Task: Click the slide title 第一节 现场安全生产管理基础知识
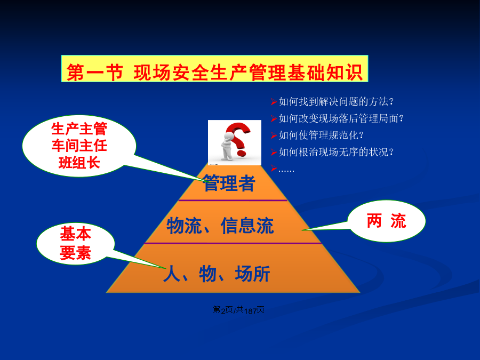(x=214, y=73)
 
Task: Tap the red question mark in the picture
(x=239, y=139)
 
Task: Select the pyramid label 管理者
(x=229, y=183)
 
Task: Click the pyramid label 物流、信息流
(x=220, y=226)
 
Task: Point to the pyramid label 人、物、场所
(x=217, y=274)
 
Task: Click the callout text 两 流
(x=386, y=221)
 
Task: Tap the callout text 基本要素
(x=76, y=243)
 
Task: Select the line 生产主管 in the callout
(x=79, y=129)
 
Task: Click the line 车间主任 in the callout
(x=79, y=146)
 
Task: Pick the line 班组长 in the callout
(x=79, y=162)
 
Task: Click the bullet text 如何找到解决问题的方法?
(x=336, y=102)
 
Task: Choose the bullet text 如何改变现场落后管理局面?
(x=341, y=118)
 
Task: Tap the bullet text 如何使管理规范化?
(x=321, y=135)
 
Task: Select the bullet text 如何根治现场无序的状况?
(x=336, y=152)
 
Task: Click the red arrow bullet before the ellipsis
(x=274, y=169)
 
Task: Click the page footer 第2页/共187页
(x=238, y=310)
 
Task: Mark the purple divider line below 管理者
(x=233, y=201)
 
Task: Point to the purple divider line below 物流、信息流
(x=233, y=243)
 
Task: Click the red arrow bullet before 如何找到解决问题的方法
(x=274, y=102)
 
